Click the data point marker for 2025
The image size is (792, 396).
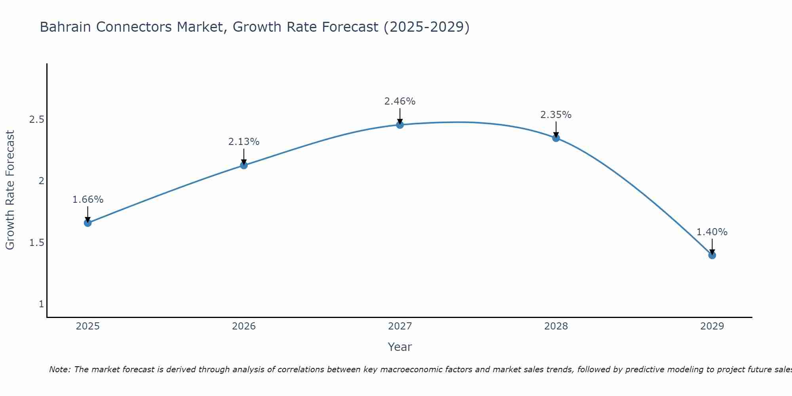[x=88, y=223]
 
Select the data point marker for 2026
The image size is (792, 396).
[x=244, y=165]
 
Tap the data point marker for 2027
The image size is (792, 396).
[x=400, y=125]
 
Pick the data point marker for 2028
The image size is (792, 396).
[x=556, y=138]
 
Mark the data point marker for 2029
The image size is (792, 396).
[x=712, y=255]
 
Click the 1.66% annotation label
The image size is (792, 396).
[x=88, y=200]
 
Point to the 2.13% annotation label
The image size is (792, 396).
[x=244, y=142]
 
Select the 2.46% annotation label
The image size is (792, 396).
[x=400, y=101]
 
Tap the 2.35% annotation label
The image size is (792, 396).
[x=556, y=115]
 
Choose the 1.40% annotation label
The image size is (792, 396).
[x=712, y=232]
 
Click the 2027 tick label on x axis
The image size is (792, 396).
[x=400, y=326]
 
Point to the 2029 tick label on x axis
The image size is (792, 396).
[x=712, y=326]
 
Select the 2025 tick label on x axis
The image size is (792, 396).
[x=88, y=326]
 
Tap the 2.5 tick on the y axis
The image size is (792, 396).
[x=36, y=120]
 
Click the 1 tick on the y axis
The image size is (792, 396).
[x=41, y=304]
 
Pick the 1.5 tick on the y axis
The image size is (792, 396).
[x=36, y=243]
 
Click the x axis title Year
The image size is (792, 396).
[x=400, y=347]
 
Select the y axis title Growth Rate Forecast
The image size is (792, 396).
[x=10, y=190]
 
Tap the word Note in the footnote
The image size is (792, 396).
[x=59, y=369]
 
